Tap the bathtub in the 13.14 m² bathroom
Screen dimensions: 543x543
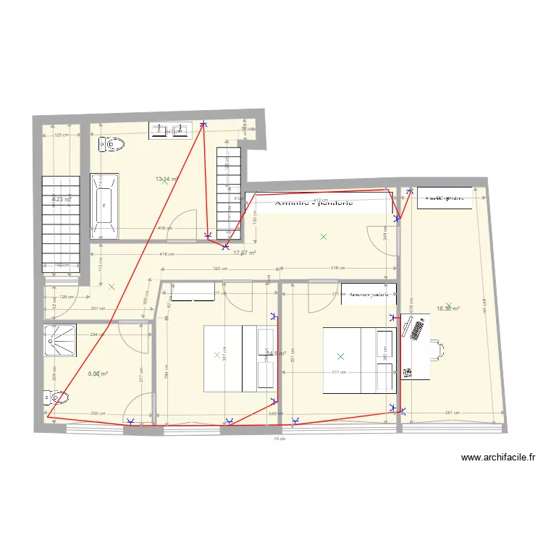[x=104, y=205]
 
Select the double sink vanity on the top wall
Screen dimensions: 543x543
[x=169, y=130]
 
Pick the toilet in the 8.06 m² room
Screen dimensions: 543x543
[x=56, y=397]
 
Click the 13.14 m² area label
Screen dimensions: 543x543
[x=166, y=179]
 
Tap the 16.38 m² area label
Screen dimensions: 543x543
[x=448, y=308]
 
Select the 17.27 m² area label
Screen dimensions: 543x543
[x=245, y=253]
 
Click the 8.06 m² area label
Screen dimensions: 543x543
[x=98, y=374]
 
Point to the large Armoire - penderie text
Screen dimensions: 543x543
[x=313, y=203]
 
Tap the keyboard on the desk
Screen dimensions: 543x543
[x=418, y=330]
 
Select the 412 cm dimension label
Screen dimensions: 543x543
[x=319, y=199]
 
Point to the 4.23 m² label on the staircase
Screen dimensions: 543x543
[x=61, y=199]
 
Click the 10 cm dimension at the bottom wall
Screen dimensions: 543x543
[x=276, y=438]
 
